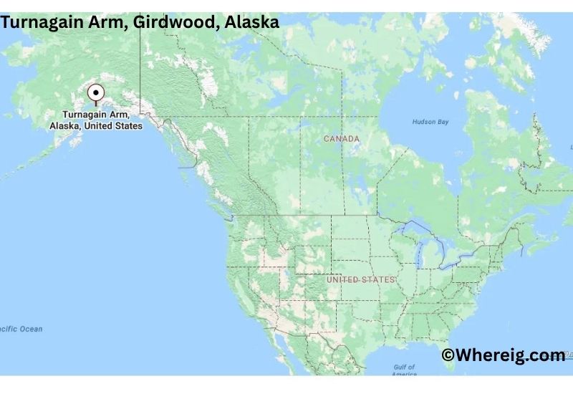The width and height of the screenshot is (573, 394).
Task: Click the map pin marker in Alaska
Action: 96,94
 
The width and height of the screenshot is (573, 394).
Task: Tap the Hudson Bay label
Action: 430,122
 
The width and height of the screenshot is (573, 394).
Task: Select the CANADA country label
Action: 342,138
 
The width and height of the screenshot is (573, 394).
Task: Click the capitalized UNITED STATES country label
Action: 360,279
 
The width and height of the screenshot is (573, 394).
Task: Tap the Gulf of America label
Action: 405,370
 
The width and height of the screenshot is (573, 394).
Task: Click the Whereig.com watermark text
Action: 503,355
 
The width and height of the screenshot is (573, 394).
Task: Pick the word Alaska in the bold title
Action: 251,22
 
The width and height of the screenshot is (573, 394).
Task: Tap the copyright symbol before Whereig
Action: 448,355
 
